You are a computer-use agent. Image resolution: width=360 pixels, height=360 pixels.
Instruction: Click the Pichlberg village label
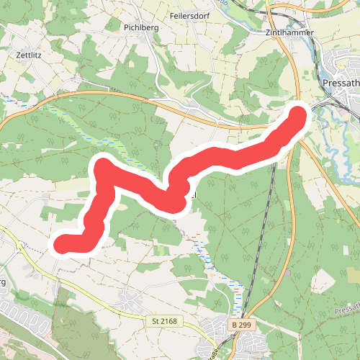135,27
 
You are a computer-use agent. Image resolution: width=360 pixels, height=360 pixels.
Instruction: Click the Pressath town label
342,83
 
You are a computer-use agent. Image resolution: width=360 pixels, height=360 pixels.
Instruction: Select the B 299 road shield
241,325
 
